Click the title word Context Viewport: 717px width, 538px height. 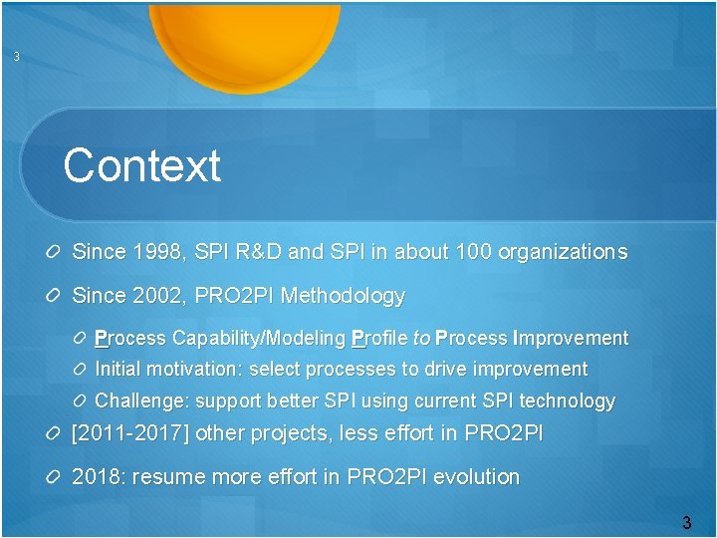click(141, 165)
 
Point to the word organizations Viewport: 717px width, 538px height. click(564, 252)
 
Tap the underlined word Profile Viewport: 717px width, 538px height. click(378, 339)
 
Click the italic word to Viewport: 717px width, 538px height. click(421, 339)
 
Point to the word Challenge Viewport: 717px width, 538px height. click(139, 402)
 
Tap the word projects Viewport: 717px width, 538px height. click(295, 433)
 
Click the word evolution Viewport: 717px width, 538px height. click(476, 477)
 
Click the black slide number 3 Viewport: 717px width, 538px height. click(687, 522)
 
